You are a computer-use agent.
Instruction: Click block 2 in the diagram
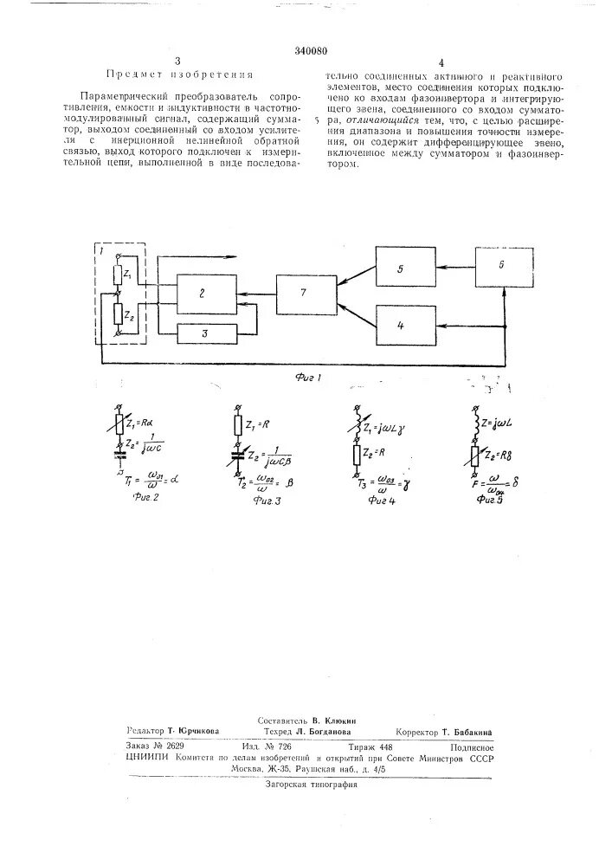[x=204, y=294]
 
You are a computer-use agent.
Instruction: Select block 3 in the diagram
[x=205, y=332]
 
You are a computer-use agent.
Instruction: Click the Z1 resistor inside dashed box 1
[x=119, y=275]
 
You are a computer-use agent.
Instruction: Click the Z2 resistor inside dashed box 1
[x=119, y=315]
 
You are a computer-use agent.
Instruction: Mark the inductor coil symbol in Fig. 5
[x=475, y=424]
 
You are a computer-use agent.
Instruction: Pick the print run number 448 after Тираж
[x=385, y=746]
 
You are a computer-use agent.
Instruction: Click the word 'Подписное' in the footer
[x=472, y=746]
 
